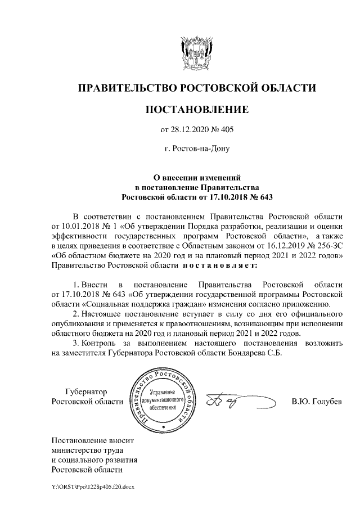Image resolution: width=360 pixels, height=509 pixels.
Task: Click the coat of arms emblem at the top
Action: tap(197, 53)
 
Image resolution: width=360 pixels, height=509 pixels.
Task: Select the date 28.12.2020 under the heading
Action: tap(191, 130)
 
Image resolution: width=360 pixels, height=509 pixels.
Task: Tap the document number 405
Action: tap(225, 130)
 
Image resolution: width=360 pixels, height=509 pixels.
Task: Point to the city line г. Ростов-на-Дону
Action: tap(197, 149)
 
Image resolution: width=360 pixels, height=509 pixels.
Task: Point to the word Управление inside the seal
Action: tap(164, 391)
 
